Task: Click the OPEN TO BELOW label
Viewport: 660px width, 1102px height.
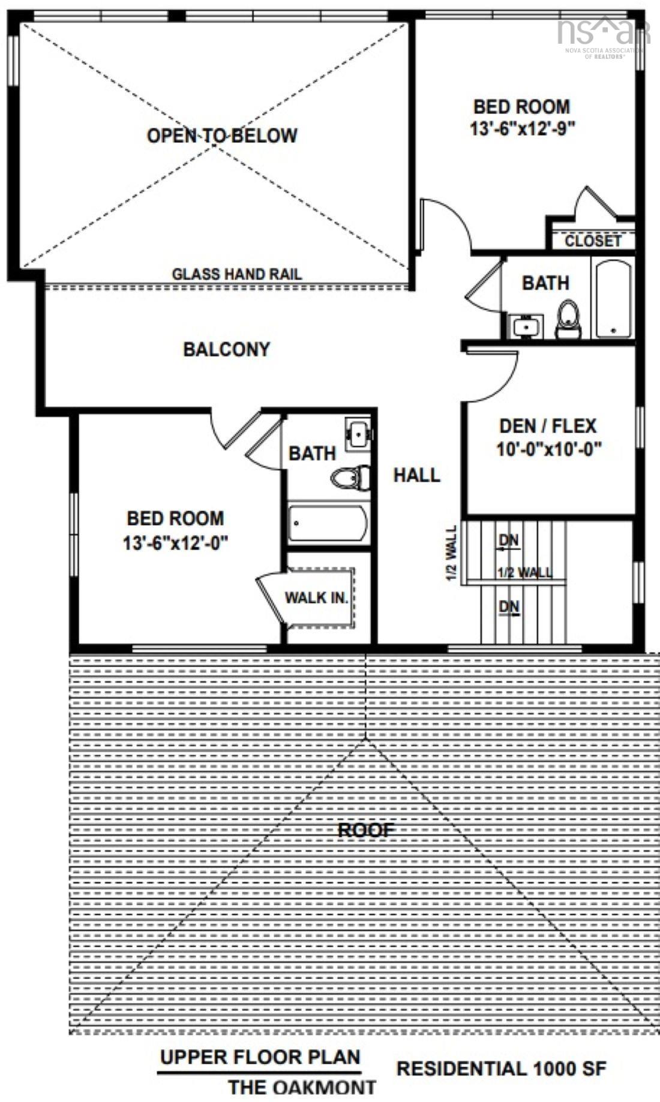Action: point(222,136)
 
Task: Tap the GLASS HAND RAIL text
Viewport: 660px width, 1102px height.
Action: point(237,275)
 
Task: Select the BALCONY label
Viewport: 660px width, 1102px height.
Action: point(226,349)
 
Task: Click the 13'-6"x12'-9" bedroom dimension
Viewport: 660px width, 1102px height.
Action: point(523,129)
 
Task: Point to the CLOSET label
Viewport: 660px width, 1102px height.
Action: point(593,241)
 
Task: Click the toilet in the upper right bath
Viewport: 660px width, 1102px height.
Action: point(568,319)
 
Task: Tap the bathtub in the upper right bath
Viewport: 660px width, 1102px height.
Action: point(613,298)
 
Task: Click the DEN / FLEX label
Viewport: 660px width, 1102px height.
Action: point(548,427)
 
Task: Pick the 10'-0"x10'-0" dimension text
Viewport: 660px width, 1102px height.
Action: point(548,449)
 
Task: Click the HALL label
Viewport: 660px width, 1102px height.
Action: point(416,476)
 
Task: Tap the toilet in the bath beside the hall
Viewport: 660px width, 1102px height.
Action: point(352,478)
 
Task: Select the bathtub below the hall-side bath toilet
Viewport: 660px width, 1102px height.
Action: point(328,524)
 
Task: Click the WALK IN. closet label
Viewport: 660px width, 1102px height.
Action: point(316,597)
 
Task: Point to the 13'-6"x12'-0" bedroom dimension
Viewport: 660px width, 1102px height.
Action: point(175,544)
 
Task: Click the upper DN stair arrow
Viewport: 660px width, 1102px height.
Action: point(508,541)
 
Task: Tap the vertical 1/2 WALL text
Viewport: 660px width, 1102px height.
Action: point(451,553)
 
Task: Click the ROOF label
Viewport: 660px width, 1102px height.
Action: point(366,830)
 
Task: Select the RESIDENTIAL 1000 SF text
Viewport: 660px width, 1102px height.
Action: point(501,1068)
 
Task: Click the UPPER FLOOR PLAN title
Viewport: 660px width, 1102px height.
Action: point(260,1057)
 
